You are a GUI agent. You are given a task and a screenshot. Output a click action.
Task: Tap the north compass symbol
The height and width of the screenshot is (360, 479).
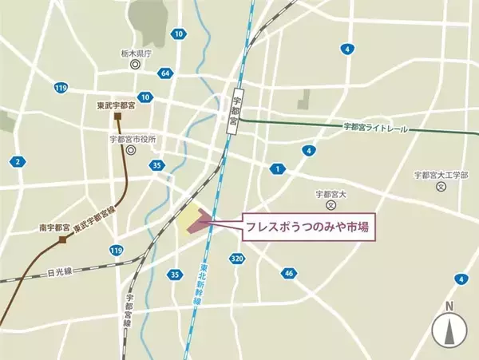(x=449, y=328)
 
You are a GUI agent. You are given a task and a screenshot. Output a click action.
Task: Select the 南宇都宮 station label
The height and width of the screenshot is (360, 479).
(x=55, y=227)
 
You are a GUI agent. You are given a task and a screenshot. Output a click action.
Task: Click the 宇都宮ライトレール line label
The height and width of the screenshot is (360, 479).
(x=375, y=127)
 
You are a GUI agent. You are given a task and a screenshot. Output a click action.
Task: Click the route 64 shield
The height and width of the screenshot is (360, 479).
(x=165, y=73)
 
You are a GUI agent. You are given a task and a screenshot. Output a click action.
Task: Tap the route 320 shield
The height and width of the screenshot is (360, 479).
(x=236, y=259)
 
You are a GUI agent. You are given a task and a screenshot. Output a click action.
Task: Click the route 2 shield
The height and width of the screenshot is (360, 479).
(x=18, y=162)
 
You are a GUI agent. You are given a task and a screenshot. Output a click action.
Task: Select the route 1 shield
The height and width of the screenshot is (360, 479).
(x=277, y=168)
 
